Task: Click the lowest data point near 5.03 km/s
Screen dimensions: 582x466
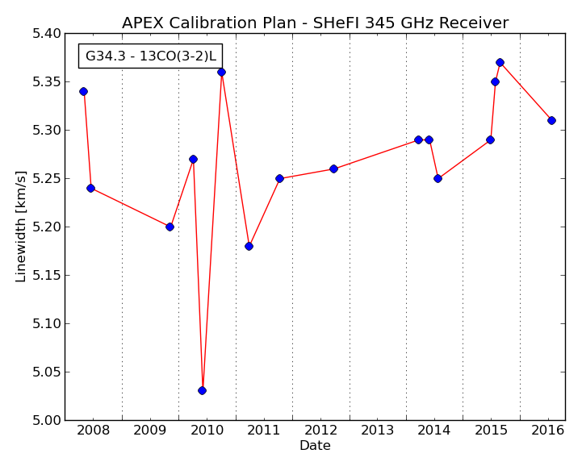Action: pyautogui.click(x=202, y=390)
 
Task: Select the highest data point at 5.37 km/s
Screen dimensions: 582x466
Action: pyautogui.click(x=500, y=62)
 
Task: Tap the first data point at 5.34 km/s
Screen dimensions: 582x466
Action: pyautogui.click(x=83, y=92)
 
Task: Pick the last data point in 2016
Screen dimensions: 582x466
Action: pyautogui.click(x=551, y=120)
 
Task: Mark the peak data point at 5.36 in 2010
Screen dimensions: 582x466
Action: pyautogui.click(x=222, y=73)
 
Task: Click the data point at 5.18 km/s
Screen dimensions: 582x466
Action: pyautogui.click(x=249, y=246)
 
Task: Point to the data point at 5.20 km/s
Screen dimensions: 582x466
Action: pyautogui.click(x=170, y=227)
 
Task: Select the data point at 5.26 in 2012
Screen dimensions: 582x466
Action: pyautogui.click(x=333, y=169)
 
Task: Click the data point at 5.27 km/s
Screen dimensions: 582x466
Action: pyautogui.click(x=193, y=160)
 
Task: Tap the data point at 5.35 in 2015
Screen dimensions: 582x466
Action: pyautogui.click(x=495, y=82)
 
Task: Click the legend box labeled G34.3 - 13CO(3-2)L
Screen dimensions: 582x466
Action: pyautogui.click(x=150, y=56)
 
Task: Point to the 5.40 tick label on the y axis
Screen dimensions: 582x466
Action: pyautogui.click(x=46, y=34)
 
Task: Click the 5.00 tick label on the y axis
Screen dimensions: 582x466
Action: pyautogui.click(x=46, y=420)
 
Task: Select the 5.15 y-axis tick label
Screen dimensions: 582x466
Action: pyautogui.click(x=46, y=276)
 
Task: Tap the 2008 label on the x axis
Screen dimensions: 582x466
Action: pyautogui.click(x=93, y=431)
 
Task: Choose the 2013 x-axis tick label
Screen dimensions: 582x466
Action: pyautogui.click(x=378, y=431)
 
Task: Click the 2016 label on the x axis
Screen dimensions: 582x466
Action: pyautogui.click(x=548, y=431)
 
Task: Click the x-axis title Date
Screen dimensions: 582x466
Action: pyautogui.click(x=315, y=445)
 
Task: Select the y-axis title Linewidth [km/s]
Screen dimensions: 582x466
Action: pyautogui.click(x=21, y=227)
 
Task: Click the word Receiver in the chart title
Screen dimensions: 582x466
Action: pyautogui.click(x=474, y=23)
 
